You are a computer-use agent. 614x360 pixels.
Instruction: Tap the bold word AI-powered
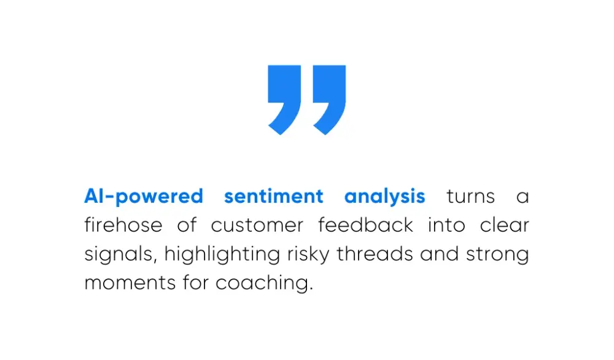point(144,197)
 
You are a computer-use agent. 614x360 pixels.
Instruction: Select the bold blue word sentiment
point(273,197)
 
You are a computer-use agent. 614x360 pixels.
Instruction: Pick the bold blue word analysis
point(384,197)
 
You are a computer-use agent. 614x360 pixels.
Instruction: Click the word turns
point(470,197)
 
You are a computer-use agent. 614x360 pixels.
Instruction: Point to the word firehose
point(123,225)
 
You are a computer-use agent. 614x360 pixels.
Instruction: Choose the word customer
point(257,225)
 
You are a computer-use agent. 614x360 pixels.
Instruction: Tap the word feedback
point(365,225)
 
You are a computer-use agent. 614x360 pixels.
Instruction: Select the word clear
point(504,225)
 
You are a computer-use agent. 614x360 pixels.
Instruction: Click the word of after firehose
point(187,225)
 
